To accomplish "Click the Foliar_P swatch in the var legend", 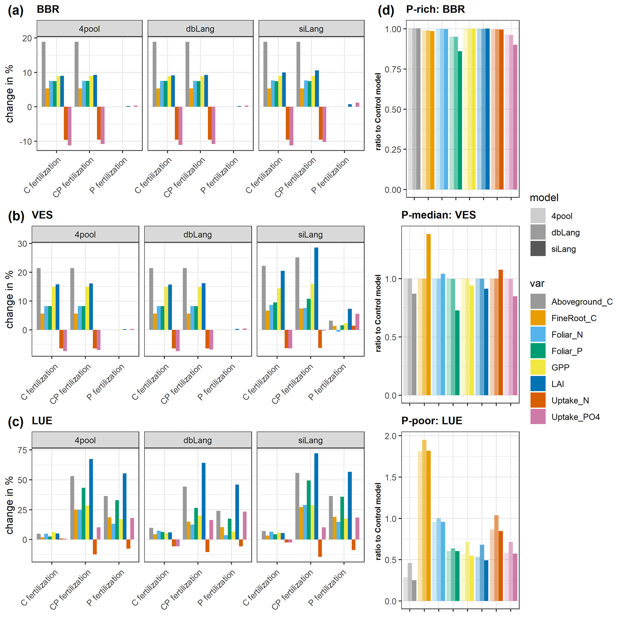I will click(x=538, y=351).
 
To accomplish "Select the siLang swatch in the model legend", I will click(x=538, y=248).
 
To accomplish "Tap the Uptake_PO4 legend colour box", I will click(x=538, y=416).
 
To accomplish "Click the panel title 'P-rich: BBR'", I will click(x=435, y=9).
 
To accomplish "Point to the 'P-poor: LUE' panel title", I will click(x=431, y=420).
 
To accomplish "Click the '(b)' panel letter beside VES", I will click(x=16, y=216).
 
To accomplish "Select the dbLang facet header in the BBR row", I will click(x=200, y=29).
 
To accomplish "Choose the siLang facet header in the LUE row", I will click(x=310, y=440).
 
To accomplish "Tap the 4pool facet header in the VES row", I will click(x=85, y=234).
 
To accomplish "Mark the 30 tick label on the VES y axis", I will click(x=22, y=244).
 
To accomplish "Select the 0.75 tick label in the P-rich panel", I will click(x=393, y=69).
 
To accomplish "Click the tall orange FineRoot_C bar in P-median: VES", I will click(x=428, y=314).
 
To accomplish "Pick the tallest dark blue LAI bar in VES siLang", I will click(x=316, y=289).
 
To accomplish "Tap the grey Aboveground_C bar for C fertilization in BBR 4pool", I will click(x=44, y=74).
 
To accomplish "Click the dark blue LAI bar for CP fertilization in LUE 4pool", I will click(x=91, y=499).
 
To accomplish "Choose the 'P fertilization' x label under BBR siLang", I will click(x=330, y=175).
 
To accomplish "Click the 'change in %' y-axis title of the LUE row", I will click(x=10, y=505).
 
